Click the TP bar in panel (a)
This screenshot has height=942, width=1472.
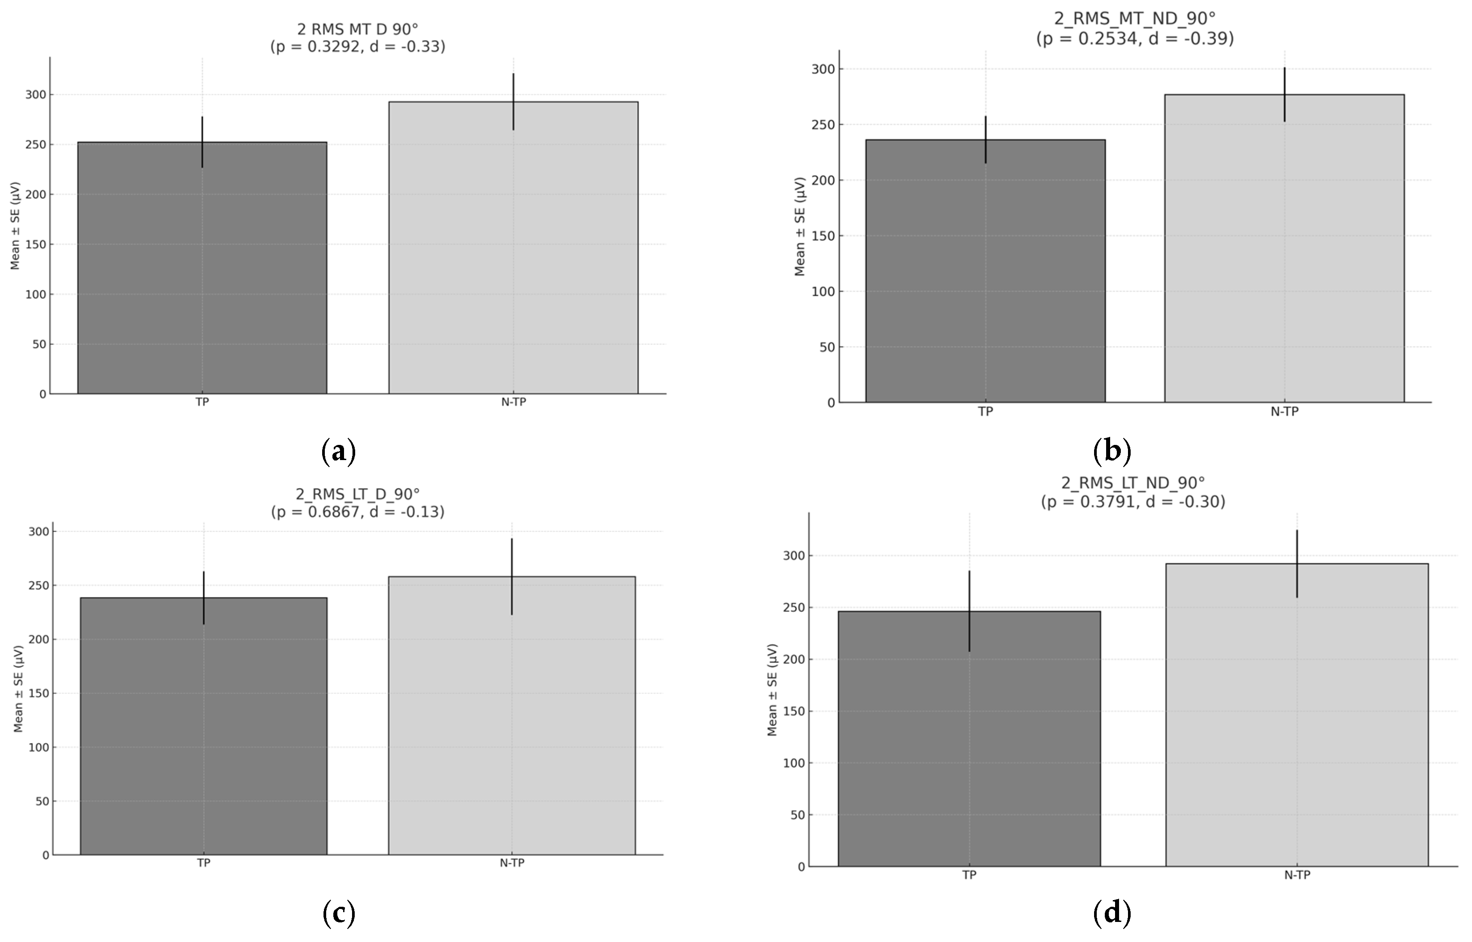pyautogui.click(x=202, y=269)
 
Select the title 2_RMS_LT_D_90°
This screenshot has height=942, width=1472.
pyautogui.click(x=357, y=494)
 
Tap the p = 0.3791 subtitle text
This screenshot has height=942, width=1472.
pyautogui.click(x=1133, y=502)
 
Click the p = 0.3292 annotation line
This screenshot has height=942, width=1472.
pyautogui.click(x=357, y=46)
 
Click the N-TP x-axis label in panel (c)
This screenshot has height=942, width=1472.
pyautogui.click(x=512, y=863)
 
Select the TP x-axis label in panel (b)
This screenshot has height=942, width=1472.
pyautogui.click(x=985, y=411)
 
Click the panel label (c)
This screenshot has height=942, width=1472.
pyautogui.click(x=339, y=913)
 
